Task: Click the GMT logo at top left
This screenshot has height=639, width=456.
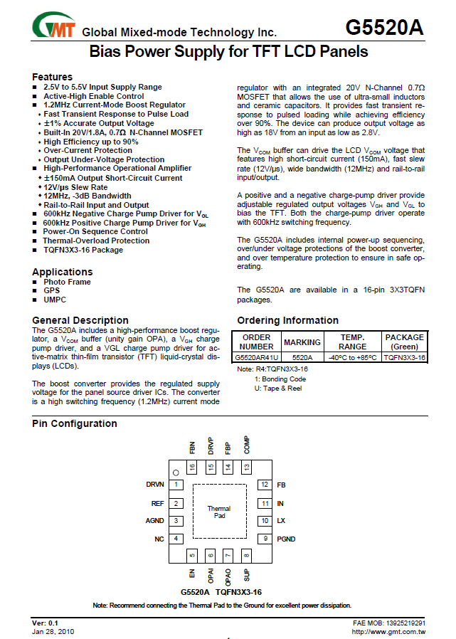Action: [53, 27]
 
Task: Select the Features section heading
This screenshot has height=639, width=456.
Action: [52, 77]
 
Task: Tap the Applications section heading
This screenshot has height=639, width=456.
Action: [62, 272]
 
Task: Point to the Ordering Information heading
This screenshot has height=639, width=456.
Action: [287, 320]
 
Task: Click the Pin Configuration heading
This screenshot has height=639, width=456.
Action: [75, 423]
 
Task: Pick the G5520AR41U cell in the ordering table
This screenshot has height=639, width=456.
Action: [257, 357]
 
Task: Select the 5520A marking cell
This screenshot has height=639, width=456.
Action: [302, 357]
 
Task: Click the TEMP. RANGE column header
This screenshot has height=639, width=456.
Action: [353, 342]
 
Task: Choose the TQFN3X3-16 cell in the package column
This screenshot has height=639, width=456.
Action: [404, 357]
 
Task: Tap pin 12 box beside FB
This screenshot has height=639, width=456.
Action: [264, 485]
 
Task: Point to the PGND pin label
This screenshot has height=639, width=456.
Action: [286, 539]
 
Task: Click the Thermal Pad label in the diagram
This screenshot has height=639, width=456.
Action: [219, 512]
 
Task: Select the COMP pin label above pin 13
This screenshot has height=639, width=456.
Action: [247, 445]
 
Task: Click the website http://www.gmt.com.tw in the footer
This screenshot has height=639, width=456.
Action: [388, 631]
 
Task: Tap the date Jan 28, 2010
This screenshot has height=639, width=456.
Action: [53, 631]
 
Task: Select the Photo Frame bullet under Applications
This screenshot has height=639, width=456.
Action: [67, 282]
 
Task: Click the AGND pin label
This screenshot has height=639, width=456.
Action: [154, 521]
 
